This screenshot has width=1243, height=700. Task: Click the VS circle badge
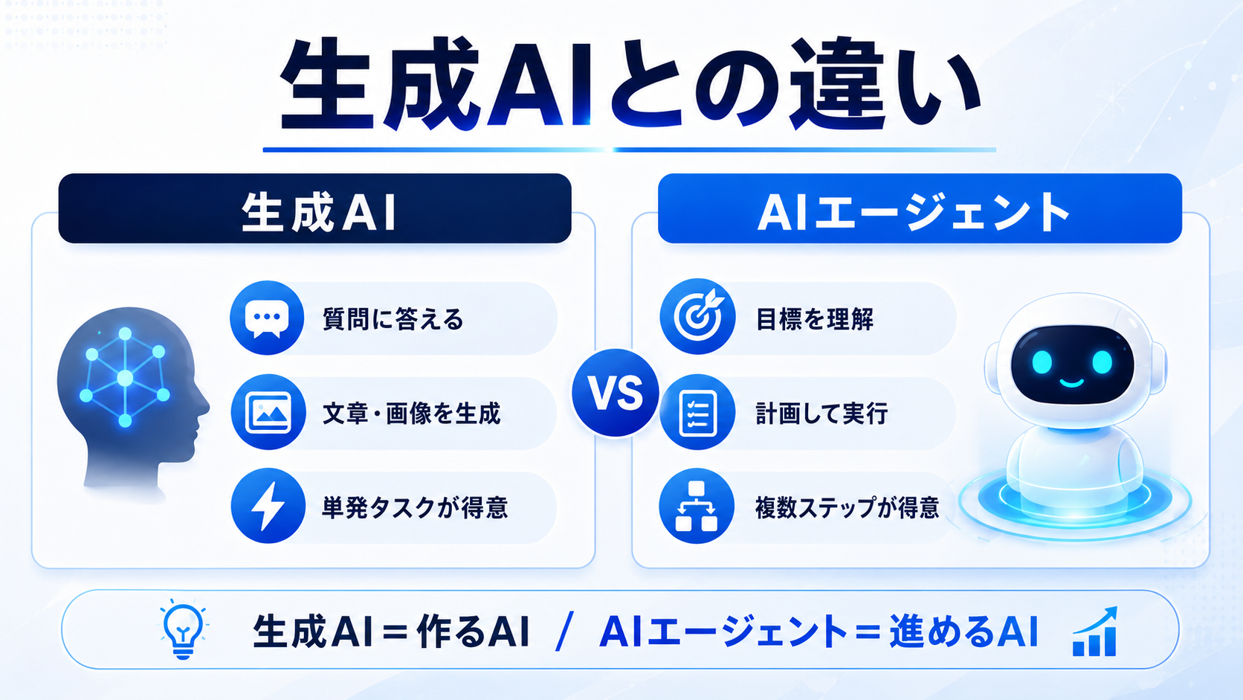[616, 393]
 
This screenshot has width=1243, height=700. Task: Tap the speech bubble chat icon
[267, 318]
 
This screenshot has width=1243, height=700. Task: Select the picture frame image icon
[268, 412]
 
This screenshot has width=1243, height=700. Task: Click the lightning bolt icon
[268, 506]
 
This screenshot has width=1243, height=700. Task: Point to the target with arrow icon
[697, 316]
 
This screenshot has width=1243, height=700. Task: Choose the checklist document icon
[697, 412]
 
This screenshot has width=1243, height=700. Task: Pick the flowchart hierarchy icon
[697, 506]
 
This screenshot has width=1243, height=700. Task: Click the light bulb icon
[183, 630]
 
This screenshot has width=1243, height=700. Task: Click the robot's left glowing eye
[1042, 362]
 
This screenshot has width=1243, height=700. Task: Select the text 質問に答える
[393, 319]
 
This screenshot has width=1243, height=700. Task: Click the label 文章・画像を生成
[411, 414]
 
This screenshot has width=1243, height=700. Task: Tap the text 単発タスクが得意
[415, 507]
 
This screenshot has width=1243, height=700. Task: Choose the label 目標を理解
[814, 319]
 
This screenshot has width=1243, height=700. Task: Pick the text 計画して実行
[821, 414]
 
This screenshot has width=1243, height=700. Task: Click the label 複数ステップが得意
[847, 507]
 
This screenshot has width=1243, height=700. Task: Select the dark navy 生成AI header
[314, 208]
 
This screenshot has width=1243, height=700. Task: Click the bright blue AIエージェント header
[920, 208]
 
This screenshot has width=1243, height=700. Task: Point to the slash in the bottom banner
[564, 632]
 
